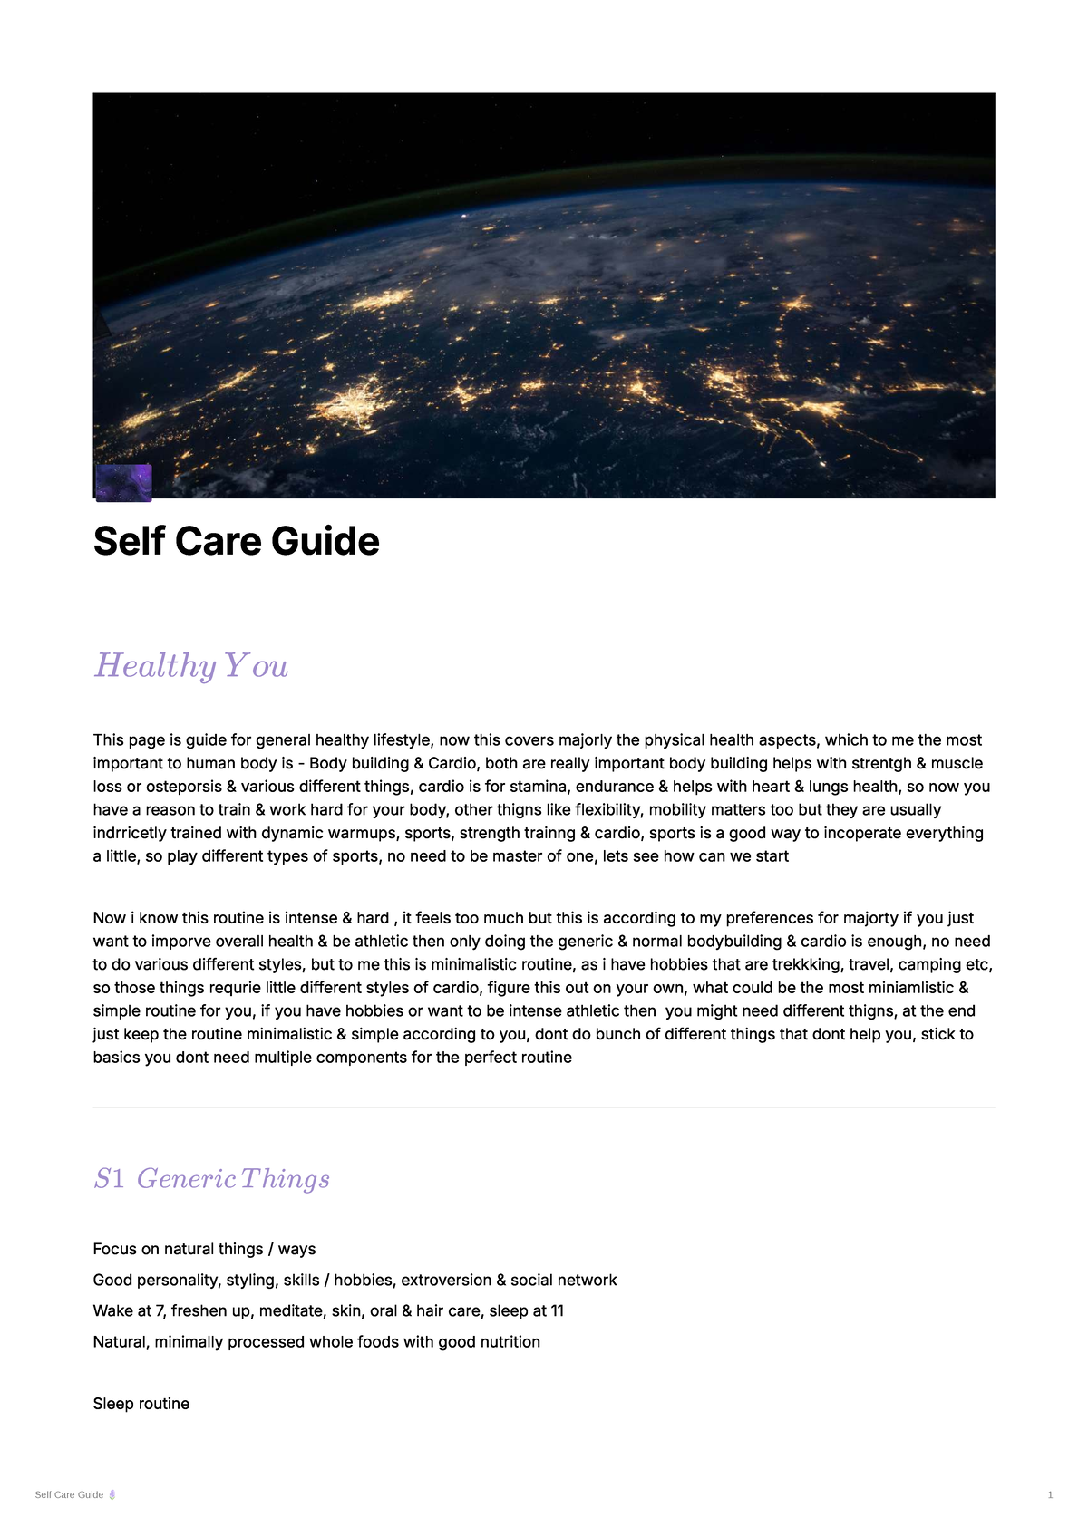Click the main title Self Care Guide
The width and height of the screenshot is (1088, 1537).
[x=236, y=541]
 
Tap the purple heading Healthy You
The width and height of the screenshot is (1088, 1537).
[x=191, y=666]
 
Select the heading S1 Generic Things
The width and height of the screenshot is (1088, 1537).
[x=211, y=1178]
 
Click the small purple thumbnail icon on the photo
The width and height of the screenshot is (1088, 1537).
[x=123, y=483]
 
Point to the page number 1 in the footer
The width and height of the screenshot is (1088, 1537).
[x=1050, y=1495]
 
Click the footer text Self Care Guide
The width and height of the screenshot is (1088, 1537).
[x=69, y=1495]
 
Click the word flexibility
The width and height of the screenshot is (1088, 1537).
[x=608, y=809]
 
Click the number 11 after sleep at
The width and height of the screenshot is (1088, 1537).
[x=557, y=1310]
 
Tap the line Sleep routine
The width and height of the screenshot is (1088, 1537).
[x=141, y=1404]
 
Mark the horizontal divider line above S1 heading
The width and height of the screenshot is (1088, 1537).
[x=544, y=1107]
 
